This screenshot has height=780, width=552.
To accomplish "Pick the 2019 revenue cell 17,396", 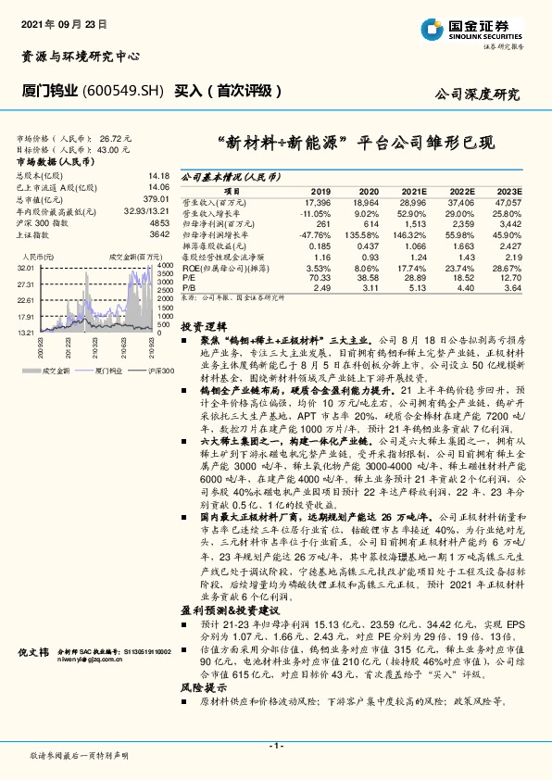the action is coord(317,200).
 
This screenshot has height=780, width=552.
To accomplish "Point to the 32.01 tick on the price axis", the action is coord(25,266).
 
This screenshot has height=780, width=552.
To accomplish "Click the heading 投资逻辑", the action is coord(203,327).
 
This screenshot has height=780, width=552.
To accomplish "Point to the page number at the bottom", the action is coord(275,746).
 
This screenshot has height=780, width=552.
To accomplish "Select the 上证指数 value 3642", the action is coord(158,234).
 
